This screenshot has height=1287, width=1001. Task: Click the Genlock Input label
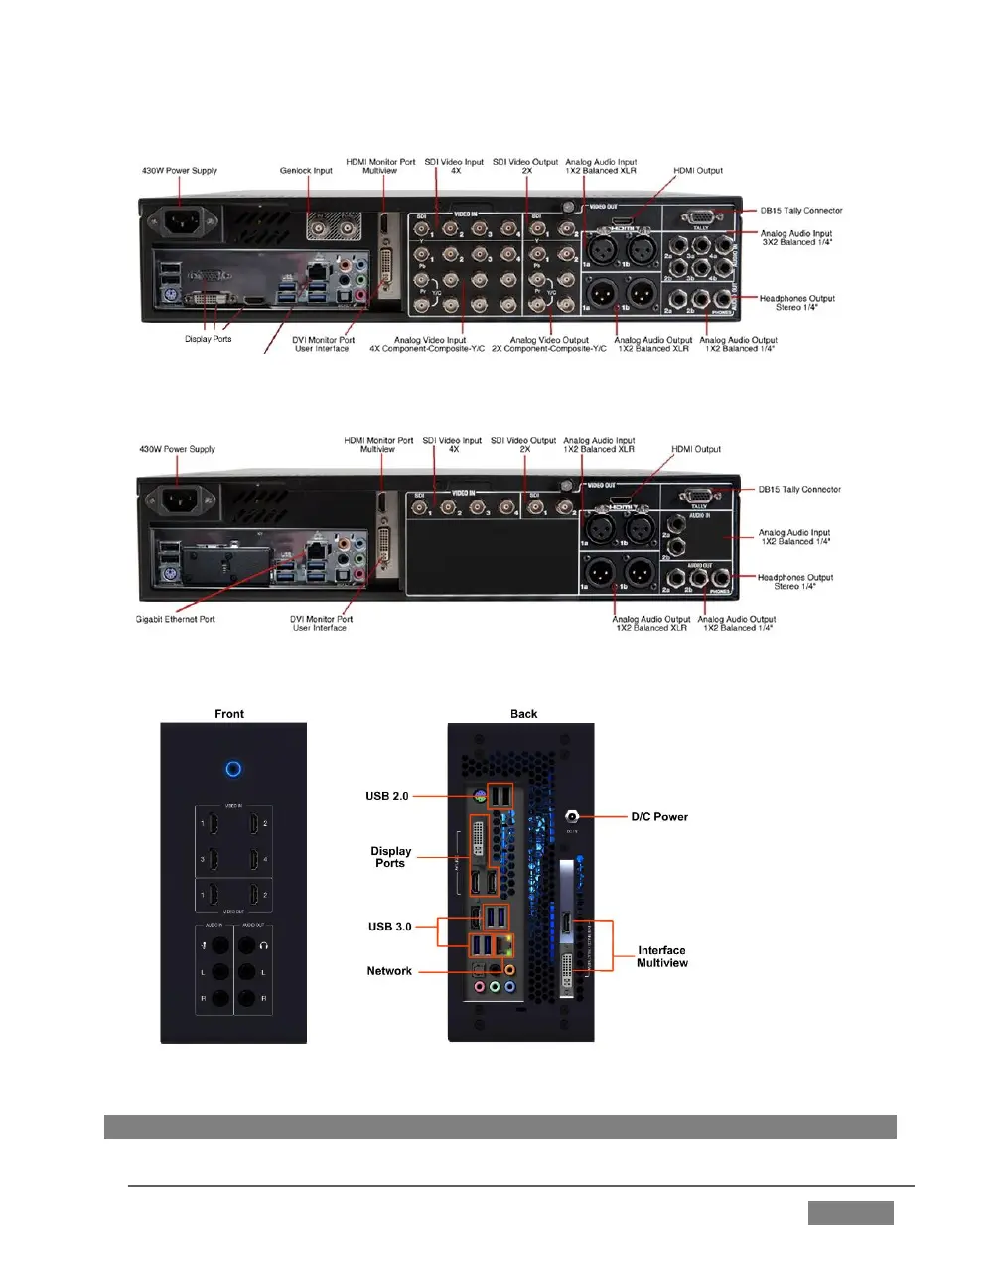306,171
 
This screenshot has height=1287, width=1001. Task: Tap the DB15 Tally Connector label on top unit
801,211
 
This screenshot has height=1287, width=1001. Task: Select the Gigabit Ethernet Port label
176,619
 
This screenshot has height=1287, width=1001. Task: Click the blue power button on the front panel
233,769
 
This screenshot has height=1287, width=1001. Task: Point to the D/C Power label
659,817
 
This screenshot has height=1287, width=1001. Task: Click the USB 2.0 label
386,796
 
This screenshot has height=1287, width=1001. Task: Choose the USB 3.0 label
389,927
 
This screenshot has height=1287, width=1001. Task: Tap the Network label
389,971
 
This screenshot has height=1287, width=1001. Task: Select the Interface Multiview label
662,957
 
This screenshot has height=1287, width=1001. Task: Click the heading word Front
229,714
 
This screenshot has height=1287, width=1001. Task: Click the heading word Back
524,714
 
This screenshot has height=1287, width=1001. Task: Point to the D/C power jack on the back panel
572,817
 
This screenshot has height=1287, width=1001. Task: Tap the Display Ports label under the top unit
208,339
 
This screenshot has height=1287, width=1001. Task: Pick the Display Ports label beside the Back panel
390,857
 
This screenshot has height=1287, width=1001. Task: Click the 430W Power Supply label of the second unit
177,449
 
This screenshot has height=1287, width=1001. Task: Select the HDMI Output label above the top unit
698,171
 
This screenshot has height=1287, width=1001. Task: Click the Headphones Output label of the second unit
795,582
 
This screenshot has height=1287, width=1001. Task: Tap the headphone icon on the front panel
264,946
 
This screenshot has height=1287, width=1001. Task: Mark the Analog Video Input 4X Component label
428,344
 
